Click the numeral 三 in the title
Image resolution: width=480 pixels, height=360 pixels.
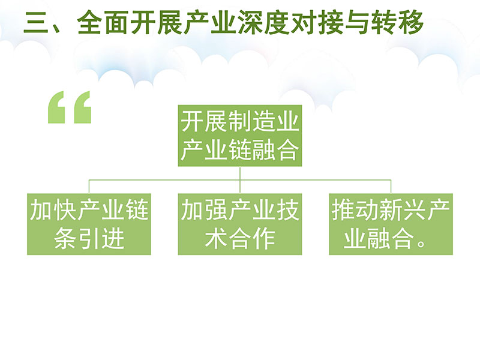(35, 23)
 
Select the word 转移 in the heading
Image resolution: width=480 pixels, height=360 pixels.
(397, 23)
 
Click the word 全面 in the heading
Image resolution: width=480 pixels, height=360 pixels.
(103, 23)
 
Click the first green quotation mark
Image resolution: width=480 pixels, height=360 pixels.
(56, 107)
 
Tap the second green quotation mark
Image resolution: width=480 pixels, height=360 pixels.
(83, 107)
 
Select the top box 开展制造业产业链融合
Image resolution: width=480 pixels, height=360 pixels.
(240, 136)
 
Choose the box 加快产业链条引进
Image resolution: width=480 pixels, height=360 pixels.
(89, 224)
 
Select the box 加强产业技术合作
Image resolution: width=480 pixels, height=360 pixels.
(240, 224)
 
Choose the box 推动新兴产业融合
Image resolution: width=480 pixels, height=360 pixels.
(391, 224)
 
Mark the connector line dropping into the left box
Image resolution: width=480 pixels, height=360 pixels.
(89, 187)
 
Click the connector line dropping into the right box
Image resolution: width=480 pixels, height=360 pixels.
(391, 187)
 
